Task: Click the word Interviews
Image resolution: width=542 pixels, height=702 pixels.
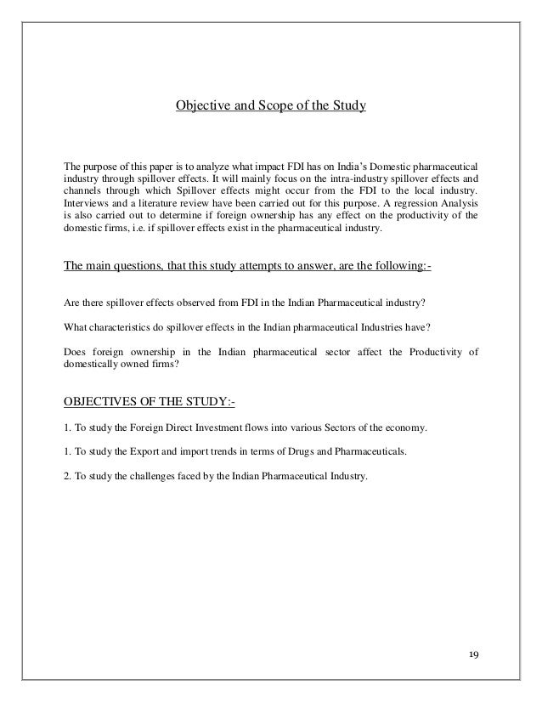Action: pos(87,204)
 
